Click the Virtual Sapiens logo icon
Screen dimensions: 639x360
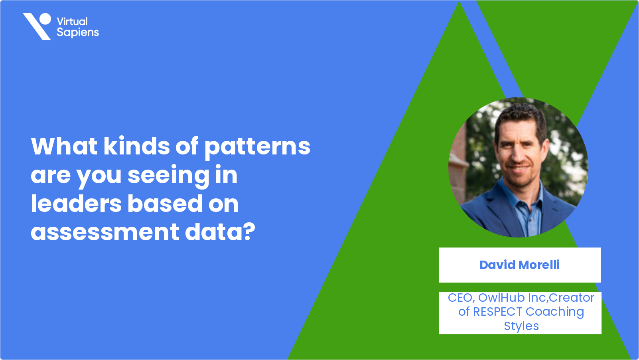tap(37, 26)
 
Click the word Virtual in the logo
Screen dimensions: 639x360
tap(72, 22)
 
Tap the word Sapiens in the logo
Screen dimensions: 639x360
tap(78, 33)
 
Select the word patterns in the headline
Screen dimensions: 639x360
tap(258, 148)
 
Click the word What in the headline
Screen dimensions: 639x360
tap(64, 146)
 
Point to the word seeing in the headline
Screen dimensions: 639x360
tap(169, 176)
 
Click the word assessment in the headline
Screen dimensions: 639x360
tap(105, 232)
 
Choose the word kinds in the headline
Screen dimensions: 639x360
tap(137, 146)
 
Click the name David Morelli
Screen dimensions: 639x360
tap(520, 265)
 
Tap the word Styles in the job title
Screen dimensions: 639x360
tap(521, 326)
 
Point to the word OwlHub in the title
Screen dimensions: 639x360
tap(501, 298)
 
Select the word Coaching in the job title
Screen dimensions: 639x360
tap(555, 312)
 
